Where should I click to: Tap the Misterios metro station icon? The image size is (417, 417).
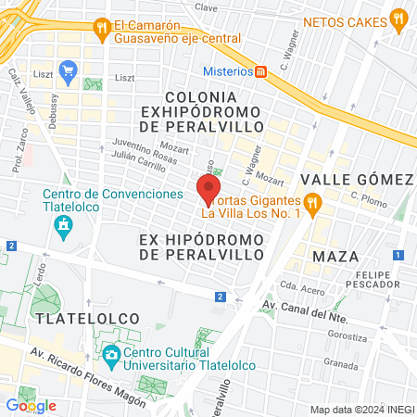click(x=261, y=71)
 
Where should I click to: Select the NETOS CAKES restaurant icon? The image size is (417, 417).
click(x=398, y=17)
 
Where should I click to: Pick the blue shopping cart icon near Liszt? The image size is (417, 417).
click(x=68, y=69)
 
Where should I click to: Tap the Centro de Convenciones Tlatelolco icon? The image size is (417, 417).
click(x=63, y=225)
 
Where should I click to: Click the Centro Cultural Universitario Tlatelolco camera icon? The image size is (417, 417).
click(x=110, y=354)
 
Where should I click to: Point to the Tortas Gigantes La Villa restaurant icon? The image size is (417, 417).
click(x=313, y=201)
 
